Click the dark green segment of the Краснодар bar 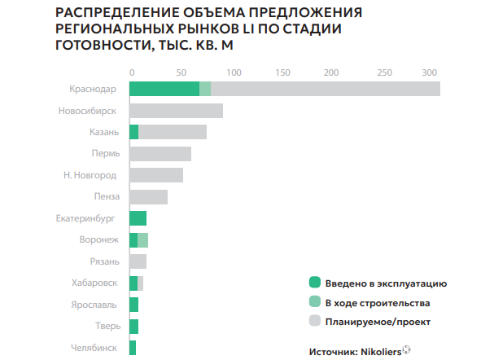[164, 89]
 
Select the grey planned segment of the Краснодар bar [326, 89]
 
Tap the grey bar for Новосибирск [176, 111]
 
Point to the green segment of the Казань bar [134, 132]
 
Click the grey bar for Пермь [160, 154]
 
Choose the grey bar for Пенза [148, 197]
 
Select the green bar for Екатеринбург [138, 218]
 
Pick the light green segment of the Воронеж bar [143, 240]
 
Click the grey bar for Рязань [138, 261]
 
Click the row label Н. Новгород [90, 175]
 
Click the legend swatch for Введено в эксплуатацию [315, 283]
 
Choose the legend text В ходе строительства [377, 302]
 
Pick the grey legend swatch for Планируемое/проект [315, 321]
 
